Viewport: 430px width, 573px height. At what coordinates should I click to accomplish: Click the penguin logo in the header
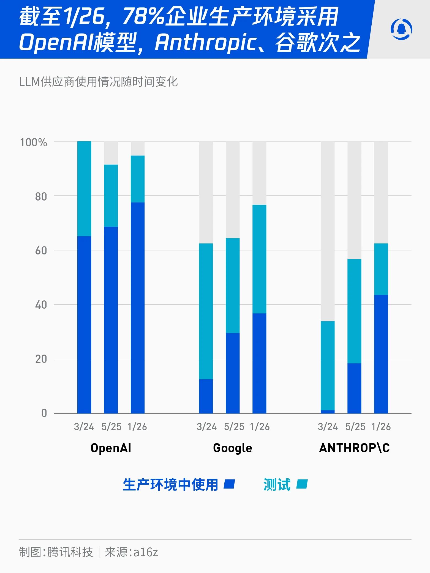click(401, 29)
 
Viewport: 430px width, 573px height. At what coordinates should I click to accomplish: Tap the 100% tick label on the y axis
click(34, 142)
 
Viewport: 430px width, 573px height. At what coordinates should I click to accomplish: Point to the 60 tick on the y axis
click(41, 251)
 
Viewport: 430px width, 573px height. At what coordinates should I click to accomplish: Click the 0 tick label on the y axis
click(44, 413)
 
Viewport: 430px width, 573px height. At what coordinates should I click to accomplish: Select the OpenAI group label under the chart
click(111, 448)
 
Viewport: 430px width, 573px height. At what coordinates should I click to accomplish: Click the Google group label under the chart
click(233, 448)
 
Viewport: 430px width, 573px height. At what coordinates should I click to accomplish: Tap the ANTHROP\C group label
click(354, 448)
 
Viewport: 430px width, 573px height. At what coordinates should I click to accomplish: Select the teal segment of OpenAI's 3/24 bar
click(84, 188)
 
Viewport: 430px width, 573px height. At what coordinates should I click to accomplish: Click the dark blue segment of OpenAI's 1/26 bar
click(138, 308)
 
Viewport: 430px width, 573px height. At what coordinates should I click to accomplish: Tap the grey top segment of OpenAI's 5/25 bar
click(111, 153)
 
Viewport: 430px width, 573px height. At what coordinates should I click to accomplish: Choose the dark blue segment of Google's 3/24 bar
click(206, 396)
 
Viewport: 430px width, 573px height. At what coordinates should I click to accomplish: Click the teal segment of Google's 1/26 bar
click(259, 259)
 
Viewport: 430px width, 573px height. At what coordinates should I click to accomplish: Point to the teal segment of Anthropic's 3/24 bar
click(328, 365)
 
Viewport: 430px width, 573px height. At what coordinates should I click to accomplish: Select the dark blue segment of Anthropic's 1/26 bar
click(381, 354)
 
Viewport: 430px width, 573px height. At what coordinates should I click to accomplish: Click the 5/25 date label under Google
click(234, 427)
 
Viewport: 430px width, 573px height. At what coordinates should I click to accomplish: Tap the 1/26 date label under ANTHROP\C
click(381, 427)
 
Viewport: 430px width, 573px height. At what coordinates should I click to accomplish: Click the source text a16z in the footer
click(146, 552)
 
